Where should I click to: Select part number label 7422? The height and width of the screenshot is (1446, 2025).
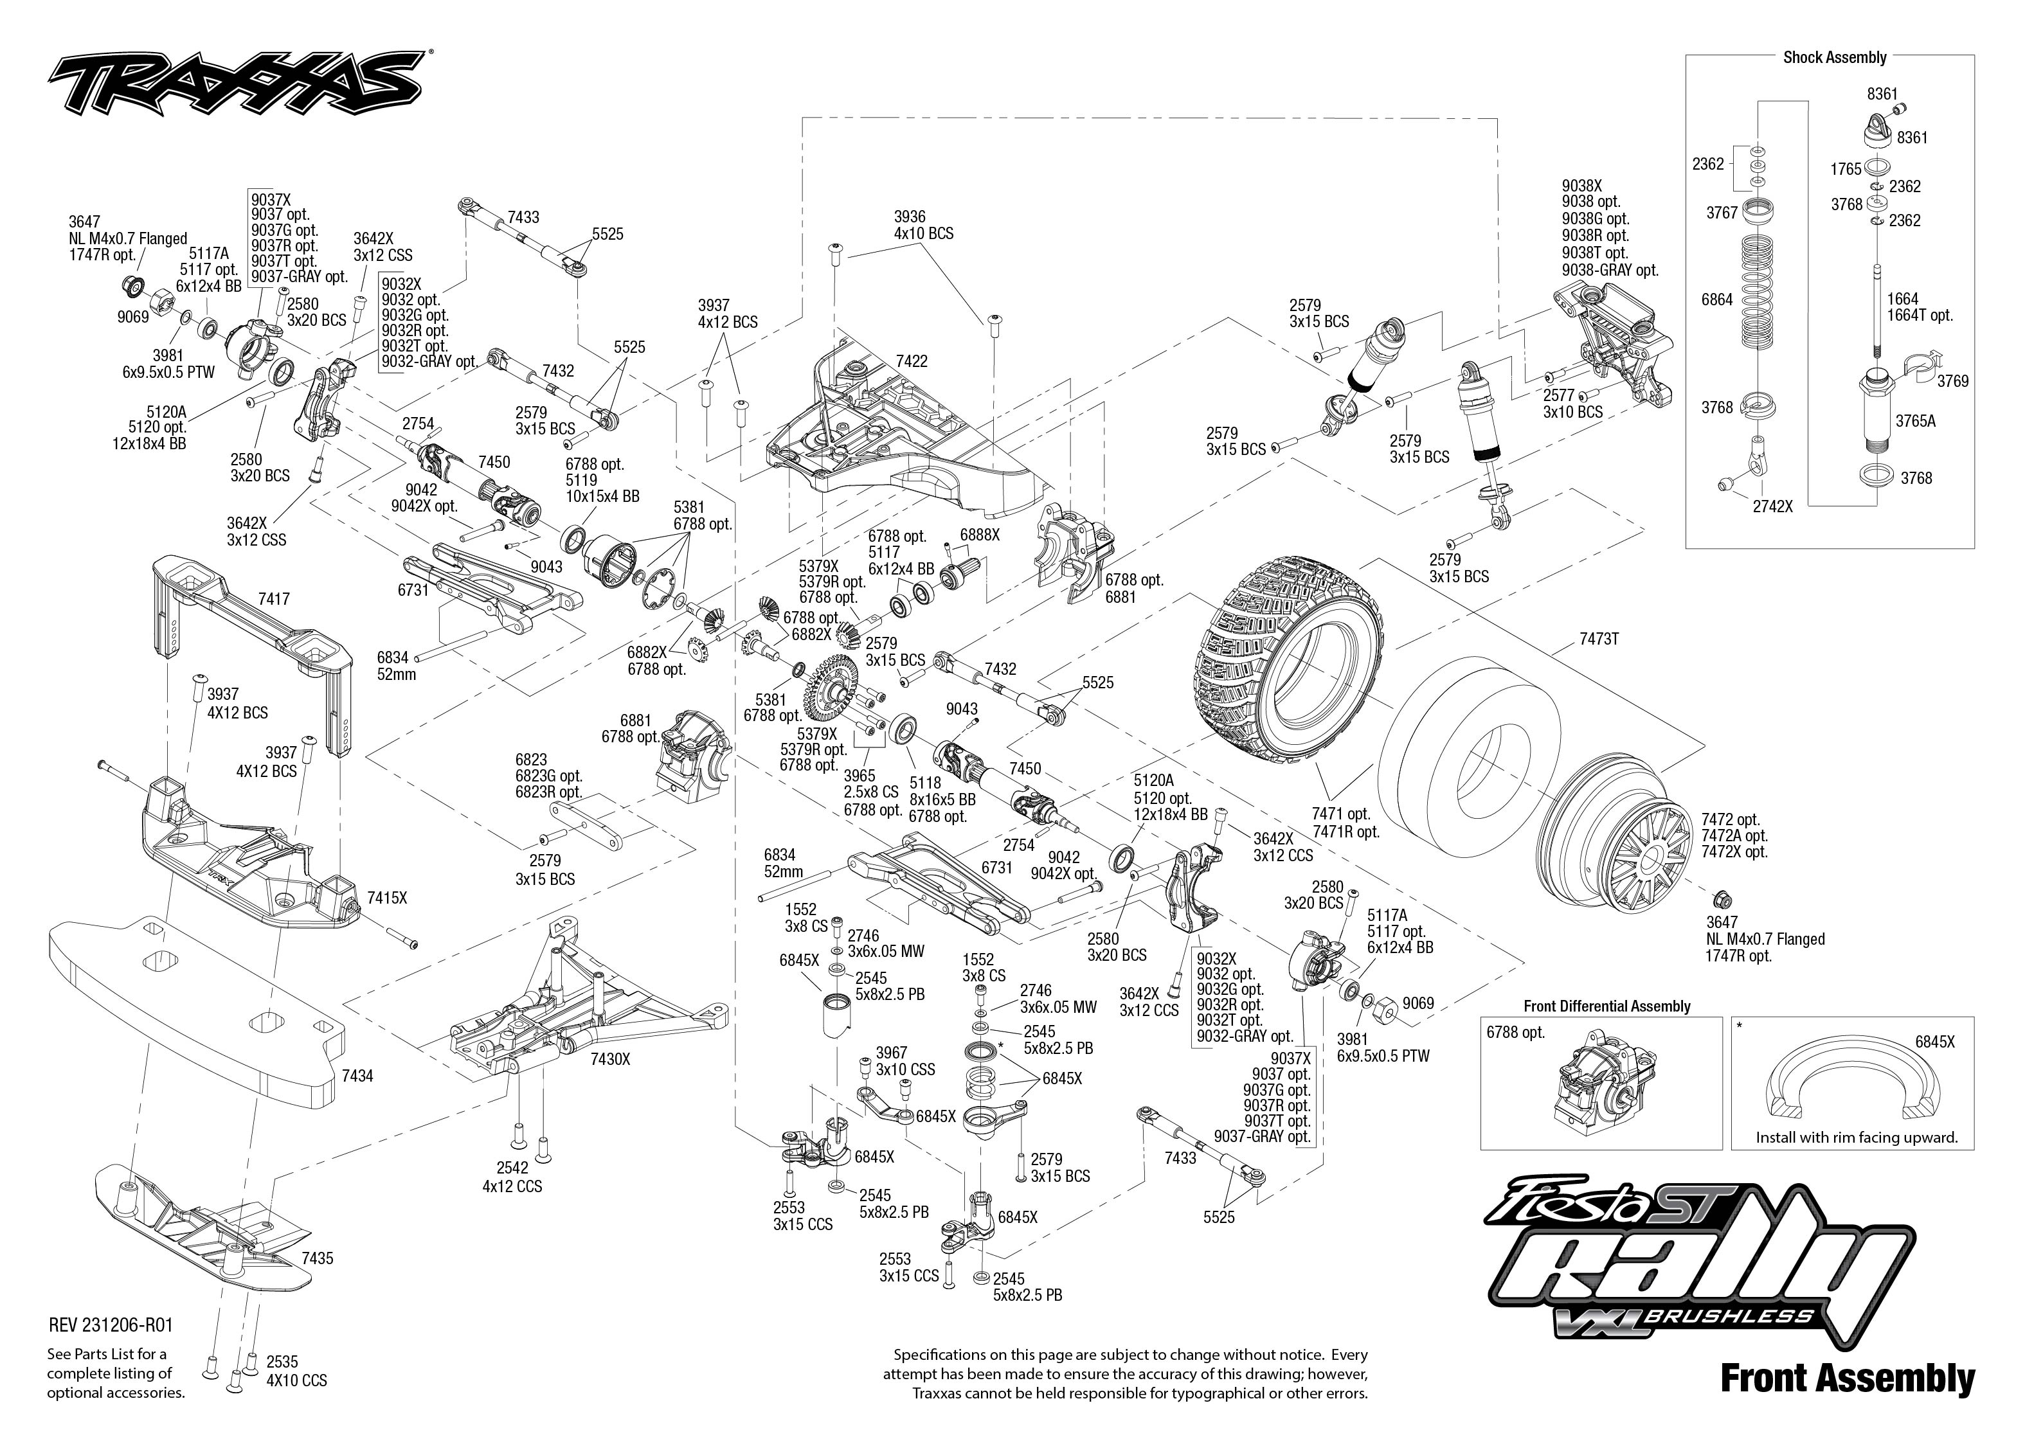[911, 361]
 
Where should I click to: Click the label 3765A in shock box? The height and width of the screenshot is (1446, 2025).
[1914, 421]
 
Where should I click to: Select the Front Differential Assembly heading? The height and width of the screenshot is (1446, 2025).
[1607, 1006]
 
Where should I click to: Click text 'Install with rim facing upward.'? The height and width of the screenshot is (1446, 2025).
[1856, 1137]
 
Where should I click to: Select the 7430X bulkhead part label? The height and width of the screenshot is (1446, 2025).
[610, 1060]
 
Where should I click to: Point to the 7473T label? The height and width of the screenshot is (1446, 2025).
[1598, 638]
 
